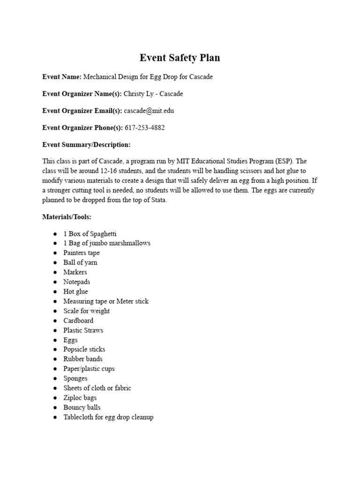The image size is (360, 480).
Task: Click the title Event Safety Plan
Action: click(180, 58)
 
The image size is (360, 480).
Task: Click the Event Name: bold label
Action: click(62, 77)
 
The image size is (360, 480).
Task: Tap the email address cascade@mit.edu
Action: click(144, 111)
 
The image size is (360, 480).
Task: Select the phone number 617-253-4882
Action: click(144, 127)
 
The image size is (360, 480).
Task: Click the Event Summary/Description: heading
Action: click(86, 144)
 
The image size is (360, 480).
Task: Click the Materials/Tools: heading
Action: click(67, 217)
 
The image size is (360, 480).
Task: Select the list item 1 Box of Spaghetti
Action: click(90, 233)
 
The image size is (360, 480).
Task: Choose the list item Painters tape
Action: click(82, 253)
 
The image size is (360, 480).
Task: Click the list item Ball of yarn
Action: click(80, 262)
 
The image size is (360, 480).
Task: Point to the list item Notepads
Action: click(77, 282)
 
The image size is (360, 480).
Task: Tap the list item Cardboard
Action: click(78, 321)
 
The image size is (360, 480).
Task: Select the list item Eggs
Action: click(71, 340)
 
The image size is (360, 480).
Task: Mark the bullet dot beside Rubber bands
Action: click(55, 359)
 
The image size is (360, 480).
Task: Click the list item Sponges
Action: click(75, 378)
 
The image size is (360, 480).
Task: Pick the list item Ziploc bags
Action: click(80, 397)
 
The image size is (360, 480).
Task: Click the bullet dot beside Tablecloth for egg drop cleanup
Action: click(55, 417)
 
